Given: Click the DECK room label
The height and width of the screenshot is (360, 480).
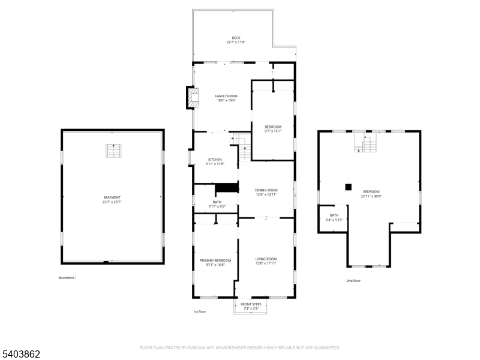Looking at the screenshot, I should click(x=236, y=37).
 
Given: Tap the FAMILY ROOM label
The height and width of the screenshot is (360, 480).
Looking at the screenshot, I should click(x=226, y=96).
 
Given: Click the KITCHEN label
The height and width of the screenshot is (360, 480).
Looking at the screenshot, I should click(x=215, y=160).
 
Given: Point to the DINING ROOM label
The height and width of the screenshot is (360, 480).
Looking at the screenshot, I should click(x=267, y=190).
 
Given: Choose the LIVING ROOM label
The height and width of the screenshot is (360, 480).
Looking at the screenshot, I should click(x=265, y=259).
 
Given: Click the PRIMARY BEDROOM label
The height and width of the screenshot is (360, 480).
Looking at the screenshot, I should click(x=215, y=260).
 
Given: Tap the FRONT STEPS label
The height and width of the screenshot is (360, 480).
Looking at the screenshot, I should click(x=251, y=304).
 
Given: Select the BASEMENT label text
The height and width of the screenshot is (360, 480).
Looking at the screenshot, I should click(x=112, y=197).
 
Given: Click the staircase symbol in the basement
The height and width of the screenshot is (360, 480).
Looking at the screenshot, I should click(x=112, y=151).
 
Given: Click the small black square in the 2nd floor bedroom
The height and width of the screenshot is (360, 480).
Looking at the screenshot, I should click(x=348, y=187).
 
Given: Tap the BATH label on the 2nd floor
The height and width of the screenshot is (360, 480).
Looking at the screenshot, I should click(x=334, y=215).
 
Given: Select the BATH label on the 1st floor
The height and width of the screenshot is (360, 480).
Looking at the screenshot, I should click(x=217, y=202).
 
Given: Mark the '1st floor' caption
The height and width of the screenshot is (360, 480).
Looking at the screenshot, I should click(x=200, y=311).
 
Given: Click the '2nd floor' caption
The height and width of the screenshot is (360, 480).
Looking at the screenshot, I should click(x=353, y=281).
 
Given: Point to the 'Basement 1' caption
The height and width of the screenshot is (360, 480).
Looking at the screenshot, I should click(x=67, y=278).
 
